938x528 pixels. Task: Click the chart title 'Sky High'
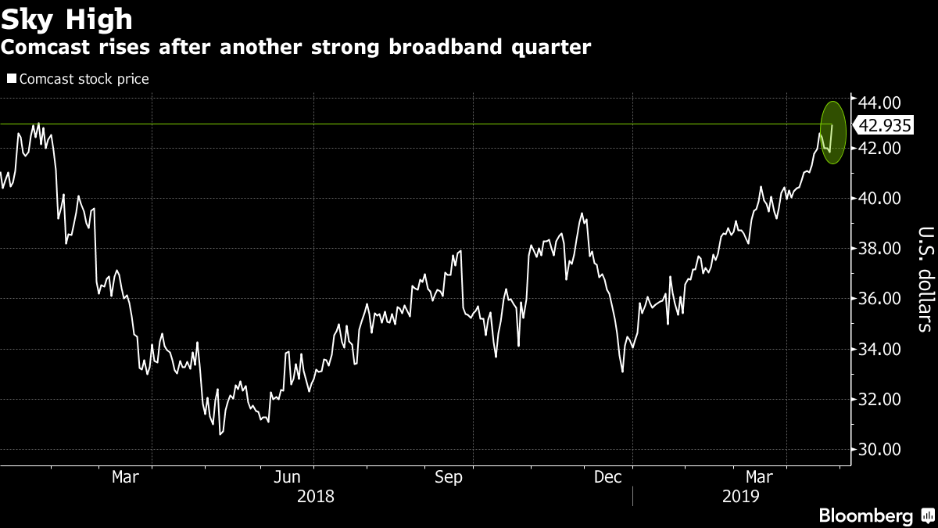(67, 18)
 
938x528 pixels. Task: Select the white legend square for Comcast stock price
(11, 78)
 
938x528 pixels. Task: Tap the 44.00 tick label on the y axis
(879, 102)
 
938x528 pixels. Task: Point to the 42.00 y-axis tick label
(879, 148)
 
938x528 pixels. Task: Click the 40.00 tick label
(879, 199)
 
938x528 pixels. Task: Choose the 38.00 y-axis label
(879, 249)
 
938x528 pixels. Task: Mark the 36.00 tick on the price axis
(879, 299)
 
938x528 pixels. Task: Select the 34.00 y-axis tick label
(879, 349)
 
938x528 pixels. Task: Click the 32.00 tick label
(879, 399)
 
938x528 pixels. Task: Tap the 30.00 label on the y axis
(879, 450)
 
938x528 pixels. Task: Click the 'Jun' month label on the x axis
(288, 477)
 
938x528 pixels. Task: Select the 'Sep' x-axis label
(449, 477)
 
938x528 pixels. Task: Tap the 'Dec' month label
(607, 477)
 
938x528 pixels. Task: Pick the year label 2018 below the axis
(316, 496)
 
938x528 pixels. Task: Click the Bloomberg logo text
(865, 515)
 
